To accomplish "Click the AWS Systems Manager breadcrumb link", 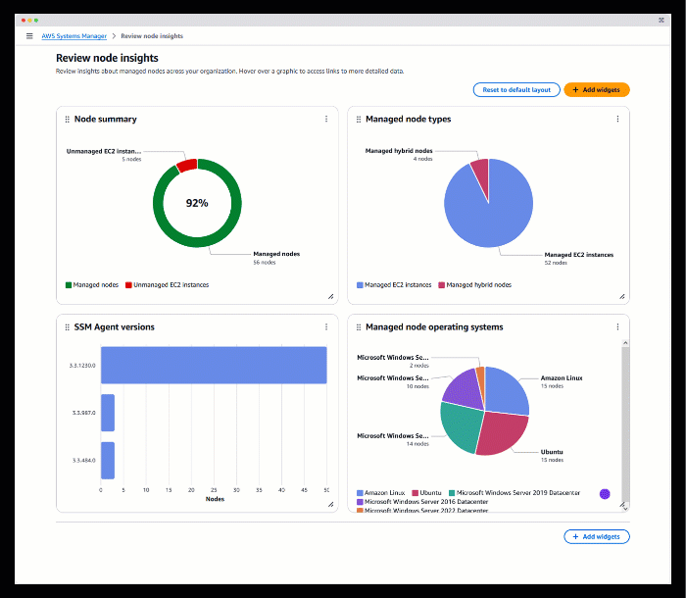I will (x=73, y=36).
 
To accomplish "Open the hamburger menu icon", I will (x=29, y=36).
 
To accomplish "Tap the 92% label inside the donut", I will (x=197, y=203).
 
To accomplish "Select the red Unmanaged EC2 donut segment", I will (x=186, y=165).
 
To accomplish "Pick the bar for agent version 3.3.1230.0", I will (x=214, y=365).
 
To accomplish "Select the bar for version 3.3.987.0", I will (x=108, y=413).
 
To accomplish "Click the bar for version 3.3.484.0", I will (x=108, y=460).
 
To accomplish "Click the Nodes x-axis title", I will (x=215, y=499).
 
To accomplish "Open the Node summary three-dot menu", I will (x=326, y=120).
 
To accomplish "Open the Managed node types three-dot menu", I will (x=617, y=120).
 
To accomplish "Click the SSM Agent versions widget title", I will (x=114, y=327).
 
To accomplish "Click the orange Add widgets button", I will (x=597, y=89).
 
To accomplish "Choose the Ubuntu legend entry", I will (x=430, y=492).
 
